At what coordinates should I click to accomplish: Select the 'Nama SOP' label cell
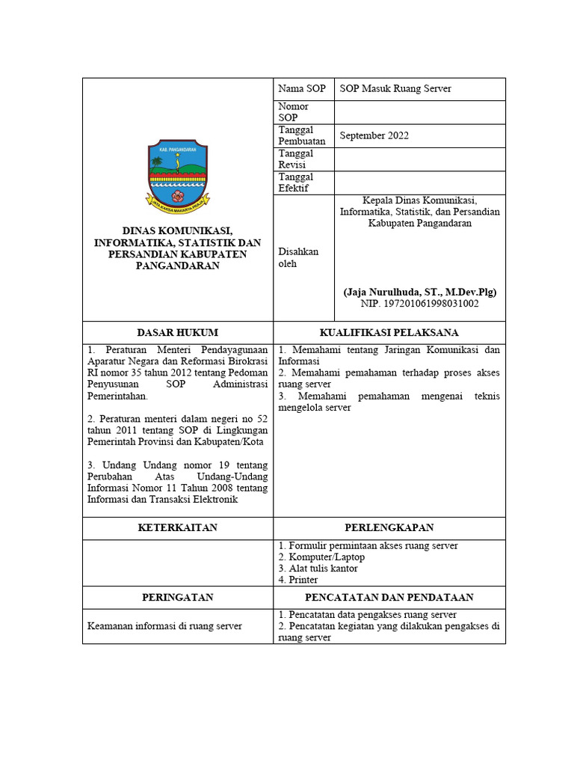coord(302,89)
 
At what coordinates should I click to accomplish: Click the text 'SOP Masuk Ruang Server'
coord(395,89)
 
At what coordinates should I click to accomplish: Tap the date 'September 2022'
coord(374,135)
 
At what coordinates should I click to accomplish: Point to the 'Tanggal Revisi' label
coord(296,159)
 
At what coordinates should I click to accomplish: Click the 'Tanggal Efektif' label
coord(296,183)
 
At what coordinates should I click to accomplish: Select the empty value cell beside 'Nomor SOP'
coord(419,112)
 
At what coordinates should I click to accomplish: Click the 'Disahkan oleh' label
coord(298,257)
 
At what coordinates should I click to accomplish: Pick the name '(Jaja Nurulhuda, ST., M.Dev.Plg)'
coord(419,292)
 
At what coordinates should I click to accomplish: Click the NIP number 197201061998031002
coord(419,304)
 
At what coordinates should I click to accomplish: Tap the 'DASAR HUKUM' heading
coord(178,332)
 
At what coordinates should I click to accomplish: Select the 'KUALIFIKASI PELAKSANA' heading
coord(389,332)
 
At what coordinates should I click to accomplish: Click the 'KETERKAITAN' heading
coord(178,527)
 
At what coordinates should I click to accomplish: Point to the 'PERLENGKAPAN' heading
coord(389,527)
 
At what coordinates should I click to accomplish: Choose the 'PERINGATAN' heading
coord(178,597)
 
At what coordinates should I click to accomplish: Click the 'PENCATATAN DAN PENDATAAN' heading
coord(389,597)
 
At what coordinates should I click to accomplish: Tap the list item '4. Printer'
coord(298,580)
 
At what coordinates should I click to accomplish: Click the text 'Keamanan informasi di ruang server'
coord(165,625)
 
